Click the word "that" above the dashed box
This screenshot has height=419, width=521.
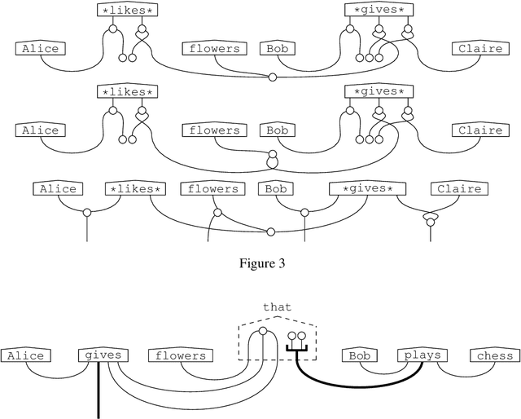point(277,307)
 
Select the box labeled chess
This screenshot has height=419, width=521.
point(495,355)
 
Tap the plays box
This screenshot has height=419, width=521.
point(422,355)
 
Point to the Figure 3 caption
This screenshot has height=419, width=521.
point(260,263)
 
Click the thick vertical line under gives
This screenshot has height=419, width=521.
point(99,391)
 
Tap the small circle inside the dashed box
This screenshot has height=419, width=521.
point(262,332)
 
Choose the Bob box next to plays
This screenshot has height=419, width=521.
point(360,355)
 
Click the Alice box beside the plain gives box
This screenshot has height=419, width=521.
point(25,355)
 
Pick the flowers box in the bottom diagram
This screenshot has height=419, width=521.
point(180,355)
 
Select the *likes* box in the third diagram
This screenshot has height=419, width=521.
point(136,189)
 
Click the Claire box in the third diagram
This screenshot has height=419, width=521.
point(459,189)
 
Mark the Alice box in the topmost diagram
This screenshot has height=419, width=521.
point(40,49)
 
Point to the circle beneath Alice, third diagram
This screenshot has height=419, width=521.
point(86,212)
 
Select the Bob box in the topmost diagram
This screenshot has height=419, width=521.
point(278,49)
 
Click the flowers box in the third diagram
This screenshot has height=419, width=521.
point(213,189)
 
